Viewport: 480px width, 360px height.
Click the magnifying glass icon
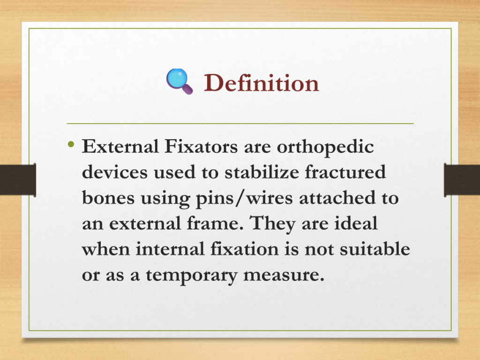pos(180,81)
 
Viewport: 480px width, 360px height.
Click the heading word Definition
pos(262,82)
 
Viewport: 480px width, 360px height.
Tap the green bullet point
pos(71,144)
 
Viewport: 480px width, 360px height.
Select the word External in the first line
pos(120,146)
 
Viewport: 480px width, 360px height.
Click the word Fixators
pos(201,146)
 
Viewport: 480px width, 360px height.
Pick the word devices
pos(115,172)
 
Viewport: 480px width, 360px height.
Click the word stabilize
pos(262,172)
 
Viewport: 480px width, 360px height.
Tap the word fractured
pos(345,172)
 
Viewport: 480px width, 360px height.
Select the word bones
pos(108,197)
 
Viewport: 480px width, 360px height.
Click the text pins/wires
pos(244,199)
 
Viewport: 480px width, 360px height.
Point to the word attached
pos(337,197)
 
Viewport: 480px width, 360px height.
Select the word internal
pos(170,248)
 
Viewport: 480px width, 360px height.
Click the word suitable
pos(375,248)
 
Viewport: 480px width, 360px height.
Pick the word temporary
pos(192,276)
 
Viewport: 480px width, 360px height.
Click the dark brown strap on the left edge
pos(18,180)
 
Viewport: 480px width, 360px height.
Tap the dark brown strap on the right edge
pos(462,180)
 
